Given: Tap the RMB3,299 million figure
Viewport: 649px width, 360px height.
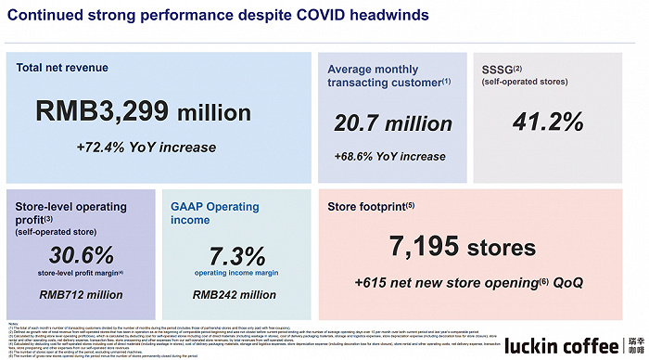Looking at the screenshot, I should (x=144, y=112).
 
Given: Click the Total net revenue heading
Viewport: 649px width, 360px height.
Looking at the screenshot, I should (x=62, y=68).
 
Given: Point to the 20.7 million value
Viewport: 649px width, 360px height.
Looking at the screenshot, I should (x=393, y=123).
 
